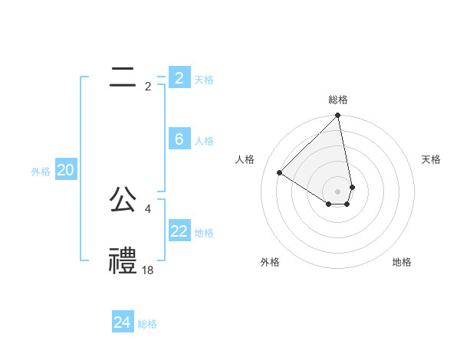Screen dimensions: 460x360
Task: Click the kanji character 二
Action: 123,77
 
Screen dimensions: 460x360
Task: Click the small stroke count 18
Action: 148,270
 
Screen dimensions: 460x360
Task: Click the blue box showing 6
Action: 179,139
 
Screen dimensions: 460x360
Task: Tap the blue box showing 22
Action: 179,231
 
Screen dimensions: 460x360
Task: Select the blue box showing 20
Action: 65,171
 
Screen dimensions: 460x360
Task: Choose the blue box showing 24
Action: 122,322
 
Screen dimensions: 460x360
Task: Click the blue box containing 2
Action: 179,78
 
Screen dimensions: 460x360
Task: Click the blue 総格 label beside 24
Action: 147,324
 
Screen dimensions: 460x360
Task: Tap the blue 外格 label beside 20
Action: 41,172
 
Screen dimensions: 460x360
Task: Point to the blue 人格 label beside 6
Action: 204,141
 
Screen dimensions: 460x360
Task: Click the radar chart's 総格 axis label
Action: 338,100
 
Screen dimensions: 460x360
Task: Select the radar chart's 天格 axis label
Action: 431,159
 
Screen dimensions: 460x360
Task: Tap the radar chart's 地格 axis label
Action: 402,262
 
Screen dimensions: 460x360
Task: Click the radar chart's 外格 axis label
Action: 270,262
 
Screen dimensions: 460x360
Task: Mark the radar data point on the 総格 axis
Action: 338,116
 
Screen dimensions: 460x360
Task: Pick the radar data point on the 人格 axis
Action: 280,173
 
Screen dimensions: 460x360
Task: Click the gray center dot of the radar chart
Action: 338,191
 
